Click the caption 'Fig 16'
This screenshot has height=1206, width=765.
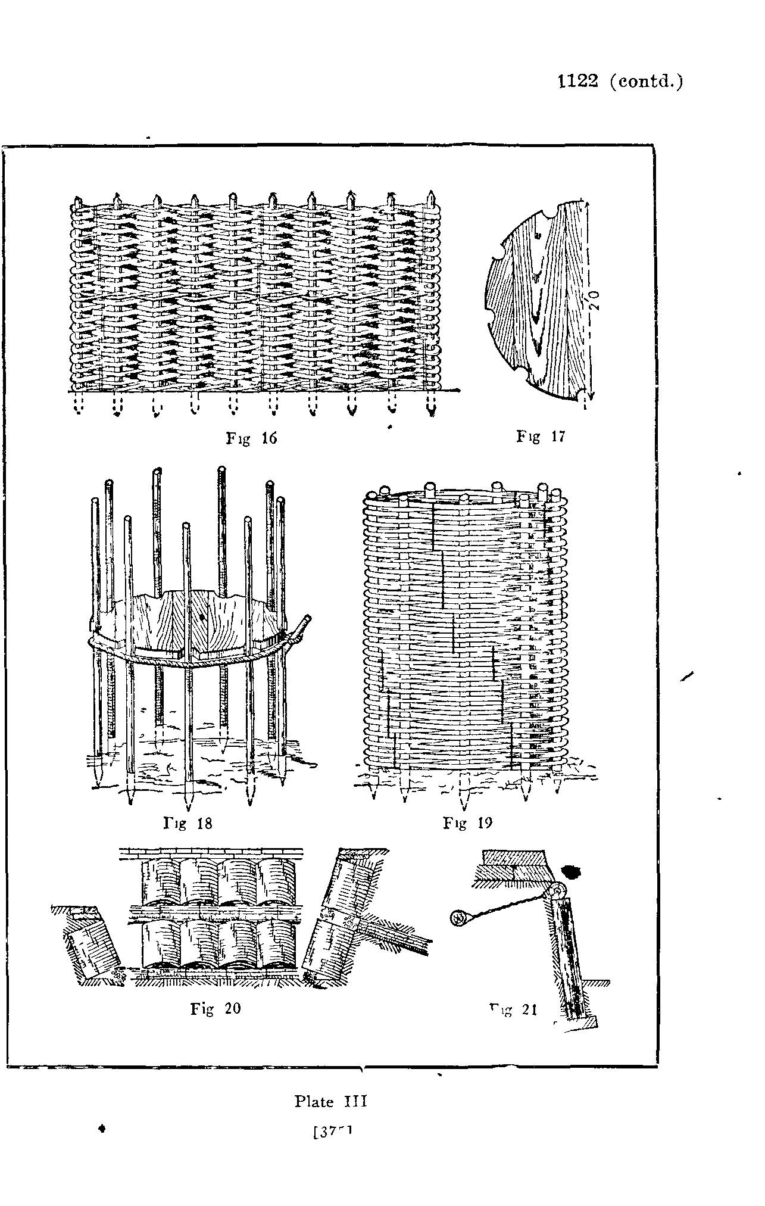(x=252, y=438)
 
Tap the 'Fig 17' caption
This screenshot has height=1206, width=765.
(x=540, y=437)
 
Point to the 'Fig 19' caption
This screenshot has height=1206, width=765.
(x=467, y=823)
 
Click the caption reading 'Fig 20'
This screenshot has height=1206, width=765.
(x=216, y=1008)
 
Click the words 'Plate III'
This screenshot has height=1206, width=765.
(x=331, y=1101)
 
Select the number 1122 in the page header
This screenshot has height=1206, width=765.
(x=577, y=81)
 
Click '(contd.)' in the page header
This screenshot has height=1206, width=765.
(x=647, y=82)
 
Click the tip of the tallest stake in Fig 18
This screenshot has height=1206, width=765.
(x=221, y=469)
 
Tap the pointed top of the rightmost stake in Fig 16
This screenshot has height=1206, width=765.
(x=430, y=195)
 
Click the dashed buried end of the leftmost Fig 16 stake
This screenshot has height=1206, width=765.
(x=79, y=406)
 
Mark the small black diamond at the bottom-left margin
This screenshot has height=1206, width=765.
(x=103, y=1127)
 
